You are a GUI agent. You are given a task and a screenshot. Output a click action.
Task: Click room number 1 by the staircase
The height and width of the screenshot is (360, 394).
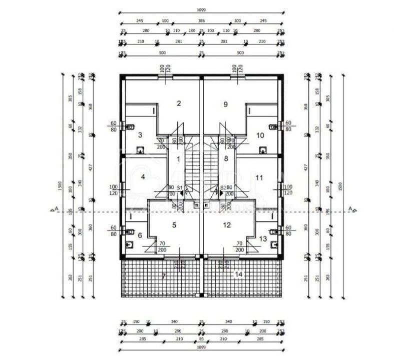point(178,158)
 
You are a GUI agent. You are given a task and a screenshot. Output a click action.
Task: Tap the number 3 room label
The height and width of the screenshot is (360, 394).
point(140,134)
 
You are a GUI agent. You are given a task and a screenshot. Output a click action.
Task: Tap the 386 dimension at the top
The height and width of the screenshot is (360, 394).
point(201,20)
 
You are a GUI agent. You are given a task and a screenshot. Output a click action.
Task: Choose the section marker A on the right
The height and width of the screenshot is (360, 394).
point(351,209)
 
